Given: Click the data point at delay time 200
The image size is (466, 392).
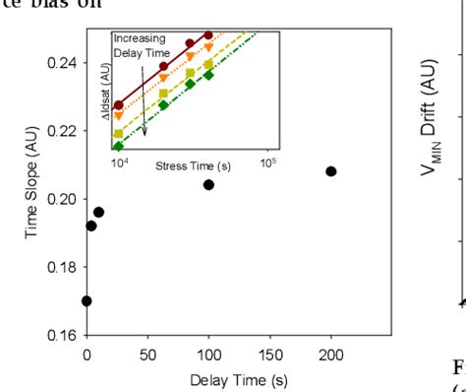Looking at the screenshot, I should (331, 171).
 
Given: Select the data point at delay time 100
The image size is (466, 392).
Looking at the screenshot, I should (208, 185).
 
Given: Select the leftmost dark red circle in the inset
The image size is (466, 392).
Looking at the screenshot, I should (119, 104).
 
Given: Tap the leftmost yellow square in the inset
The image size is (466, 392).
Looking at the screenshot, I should (119, 133).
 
